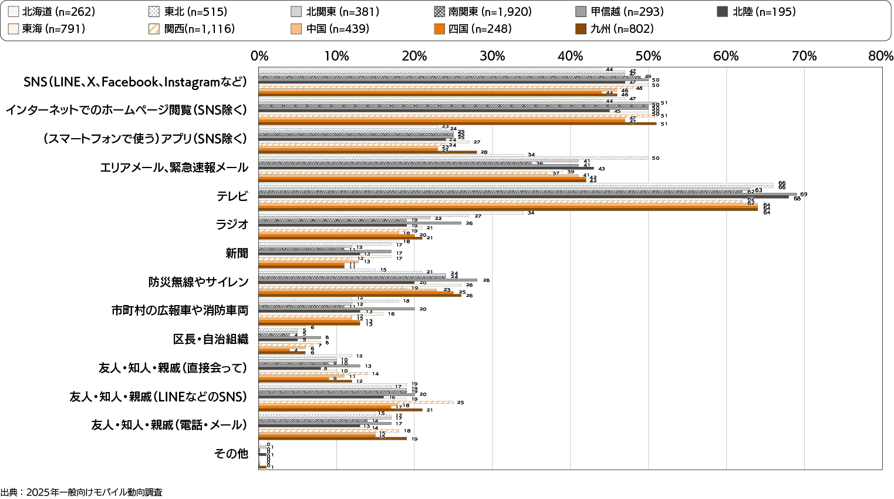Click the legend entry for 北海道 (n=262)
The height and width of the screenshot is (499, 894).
52,12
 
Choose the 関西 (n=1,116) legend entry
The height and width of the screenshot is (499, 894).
194,29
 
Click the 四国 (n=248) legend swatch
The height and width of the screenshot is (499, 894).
440,29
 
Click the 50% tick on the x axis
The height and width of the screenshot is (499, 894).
648,56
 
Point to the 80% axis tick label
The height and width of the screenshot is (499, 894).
881,56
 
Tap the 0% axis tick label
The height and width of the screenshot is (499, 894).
259,56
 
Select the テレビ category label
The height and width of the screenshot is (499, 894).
232,196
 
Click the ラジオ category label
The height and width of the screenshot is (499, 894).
232,225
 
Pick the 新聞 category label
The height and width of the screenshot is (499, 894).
237,253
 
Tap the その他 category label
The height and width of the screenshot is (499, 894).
231,454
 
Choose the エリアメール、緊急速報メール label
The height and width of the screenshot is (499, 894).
174,168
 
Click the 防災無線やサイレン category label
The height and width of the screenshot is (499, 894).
198,282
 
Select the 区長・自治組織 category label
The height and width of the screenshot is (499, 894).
211,339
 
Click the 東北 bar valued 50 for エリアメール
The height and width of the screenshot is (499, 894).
453,158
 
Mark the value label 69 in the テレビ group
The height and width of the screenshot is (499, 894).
804,194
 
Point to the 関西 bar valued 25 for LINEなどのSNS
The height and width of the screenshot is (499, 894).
356,402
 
